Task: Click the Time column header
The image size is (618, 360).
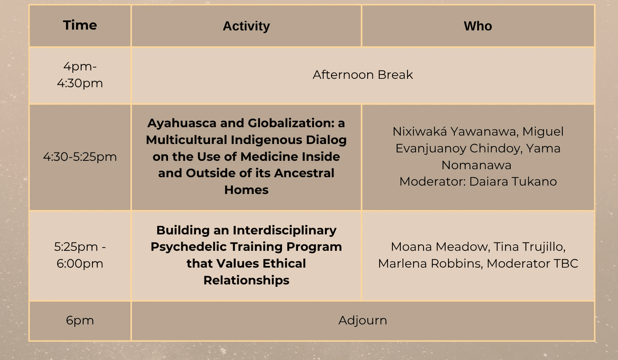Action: (80, 25)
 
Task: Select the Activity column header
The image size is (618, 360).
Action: (246, 26)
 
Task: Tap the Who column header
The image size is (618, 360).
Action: (478, 26)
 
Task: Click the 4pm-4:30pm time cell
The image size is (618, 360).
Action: (80, 75)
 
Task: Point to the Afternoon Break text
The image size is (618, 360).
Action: (363, 75)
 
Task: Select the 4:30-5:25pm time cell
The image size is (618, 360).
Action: (80, 157)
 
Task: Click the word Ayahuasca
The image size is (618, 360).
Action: (182, 123)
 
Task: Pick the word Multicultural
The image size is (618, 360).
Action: (186, 140)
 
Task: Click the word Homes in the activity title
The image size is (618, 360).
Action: (246, 190)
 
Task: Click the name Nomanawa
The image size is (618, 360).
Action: (476, 165)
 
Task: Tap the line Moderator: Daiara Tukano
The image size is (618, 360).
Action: (478, 182)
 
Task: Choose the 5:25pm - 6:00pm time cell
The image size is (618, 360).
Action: (80, 255)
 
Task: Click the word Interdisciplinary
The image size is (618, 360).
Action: (284, 230)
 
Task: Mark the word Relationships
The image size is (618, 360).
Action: (246, 280)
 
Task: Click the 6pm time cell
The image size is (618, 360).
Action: (80, 320)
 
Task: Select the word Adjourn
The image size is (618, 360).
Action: (363, 320)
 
